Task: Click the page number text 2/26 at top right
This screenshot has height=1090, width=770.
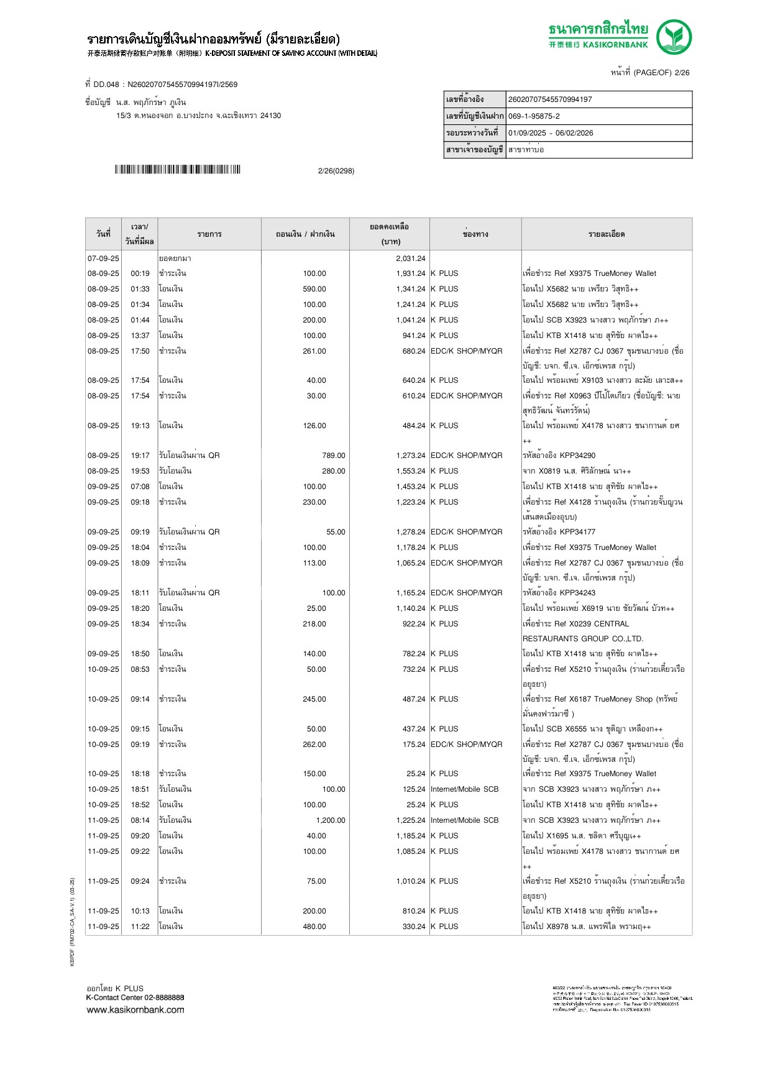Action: point(682,73)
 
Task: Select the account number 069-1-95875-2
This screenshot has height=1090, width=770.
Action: point(534,116)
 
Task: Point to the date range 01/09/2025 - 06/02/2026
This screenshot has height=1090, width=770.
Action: point(551,133)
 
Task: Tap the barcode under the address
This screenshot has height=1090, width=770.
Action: point(177,170)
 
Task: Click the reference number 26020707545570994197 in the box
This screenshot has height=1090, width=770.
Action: point(550,99)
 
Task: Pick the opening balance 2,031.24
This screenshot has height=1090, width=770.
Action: point(410,259)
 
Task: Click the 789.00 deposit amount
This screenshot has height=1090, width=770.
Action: point(333,456)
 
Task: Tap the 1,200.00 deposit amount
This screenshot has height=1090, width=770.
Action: point(330,820)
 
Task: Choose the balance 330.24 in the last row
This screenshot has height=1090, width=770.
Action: point(413,927)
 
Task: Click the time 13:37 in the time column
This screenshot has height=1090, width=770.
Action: point(140,336)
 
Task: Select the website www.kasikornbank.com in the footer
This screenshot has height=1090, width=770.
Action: point(135,1010)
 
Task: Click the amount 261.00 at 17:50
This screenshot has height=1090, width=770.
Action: point(314,351)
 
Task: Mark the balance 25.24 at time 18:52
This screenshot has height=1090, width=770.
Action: point(416,805)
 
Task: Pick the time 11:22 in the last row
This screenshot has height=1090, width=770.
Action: point(140,927)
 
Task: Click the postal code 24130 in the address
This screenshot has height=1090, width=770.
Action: point(270,116)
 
